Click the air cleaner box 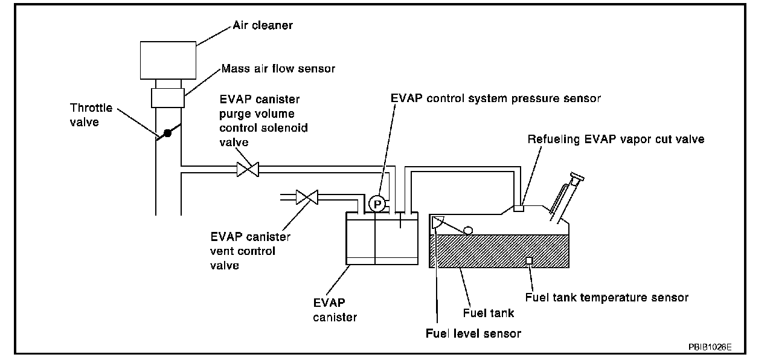click(x=168, y=60)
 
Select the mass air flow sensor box click(x=168, y=97)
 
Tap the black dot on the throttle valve click(x=168, y=133)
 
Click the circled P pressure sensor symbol click(x=377, y=204)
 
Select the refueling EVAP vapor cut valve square click(x=518, y=208)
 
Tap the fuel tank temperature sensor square click(x=529, y=260)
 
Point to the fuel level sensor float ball click(x=467, y=230)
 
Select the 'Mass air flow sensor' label click(x=278, y=69)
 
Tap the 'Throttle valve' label click(x=91, y=114)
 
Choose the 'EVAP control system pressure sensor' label click(x=495, y=98)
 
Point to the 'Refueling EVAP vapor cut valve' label click(x=616, y=139)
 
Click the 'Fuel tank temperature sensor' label click(x=607, y=297)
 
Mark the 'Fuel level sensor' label click(x=473, y=333)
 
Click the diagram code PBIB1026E click(x=710, y=347)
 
